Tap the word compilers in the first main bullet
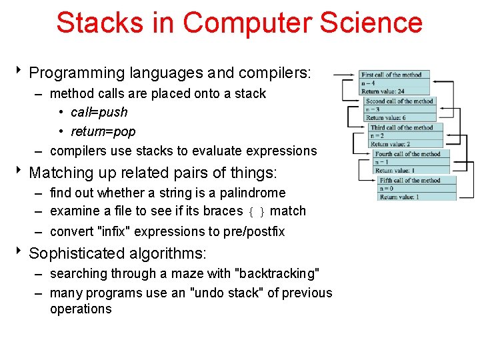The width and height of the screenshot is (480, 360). pyautogui.click(x=273, y=73)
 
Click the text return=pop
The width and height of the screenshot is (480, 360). pyautogui.click(x=103, y=131)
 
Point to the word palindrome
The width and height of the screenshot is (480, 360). pyautogui.click(x=251, y=193)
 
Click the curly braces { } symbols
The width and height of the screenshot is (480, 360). pyautogui.click(x=257, y=212)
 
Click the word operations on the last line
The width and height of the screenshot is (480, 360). pyautogui.click(x=81, y=309)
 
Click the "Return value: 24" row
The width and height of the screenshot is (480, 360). pyautogui.click(x=385, y=91)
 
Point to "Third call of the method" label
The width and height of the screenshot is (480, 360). pyautogui.click(x=402, y=127)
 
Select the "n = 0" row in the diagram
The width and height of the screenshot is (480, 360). pyautogui.click(x=387, y=189)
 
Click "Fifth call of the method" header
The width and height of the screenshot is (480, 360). pyautogui.click(x=409, y=180)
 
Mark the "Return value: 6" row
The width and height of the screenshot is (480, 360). pyautogui.click(x=387, y=117)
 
